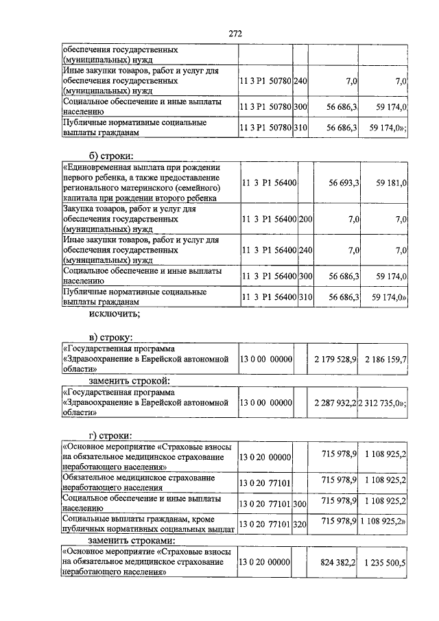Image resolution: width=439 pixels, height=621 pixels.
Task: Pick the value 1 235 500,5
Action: tap(385, 562)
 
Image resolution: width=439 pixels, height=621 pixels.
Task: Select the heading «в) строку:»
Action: tap(113, 337)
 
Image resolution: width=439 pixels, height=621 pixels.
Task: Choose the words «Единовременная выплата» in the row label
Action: tap(112, 167)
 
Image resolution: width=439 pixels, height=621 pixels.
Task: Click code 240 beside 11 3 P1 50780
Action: tap(300, 81)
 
